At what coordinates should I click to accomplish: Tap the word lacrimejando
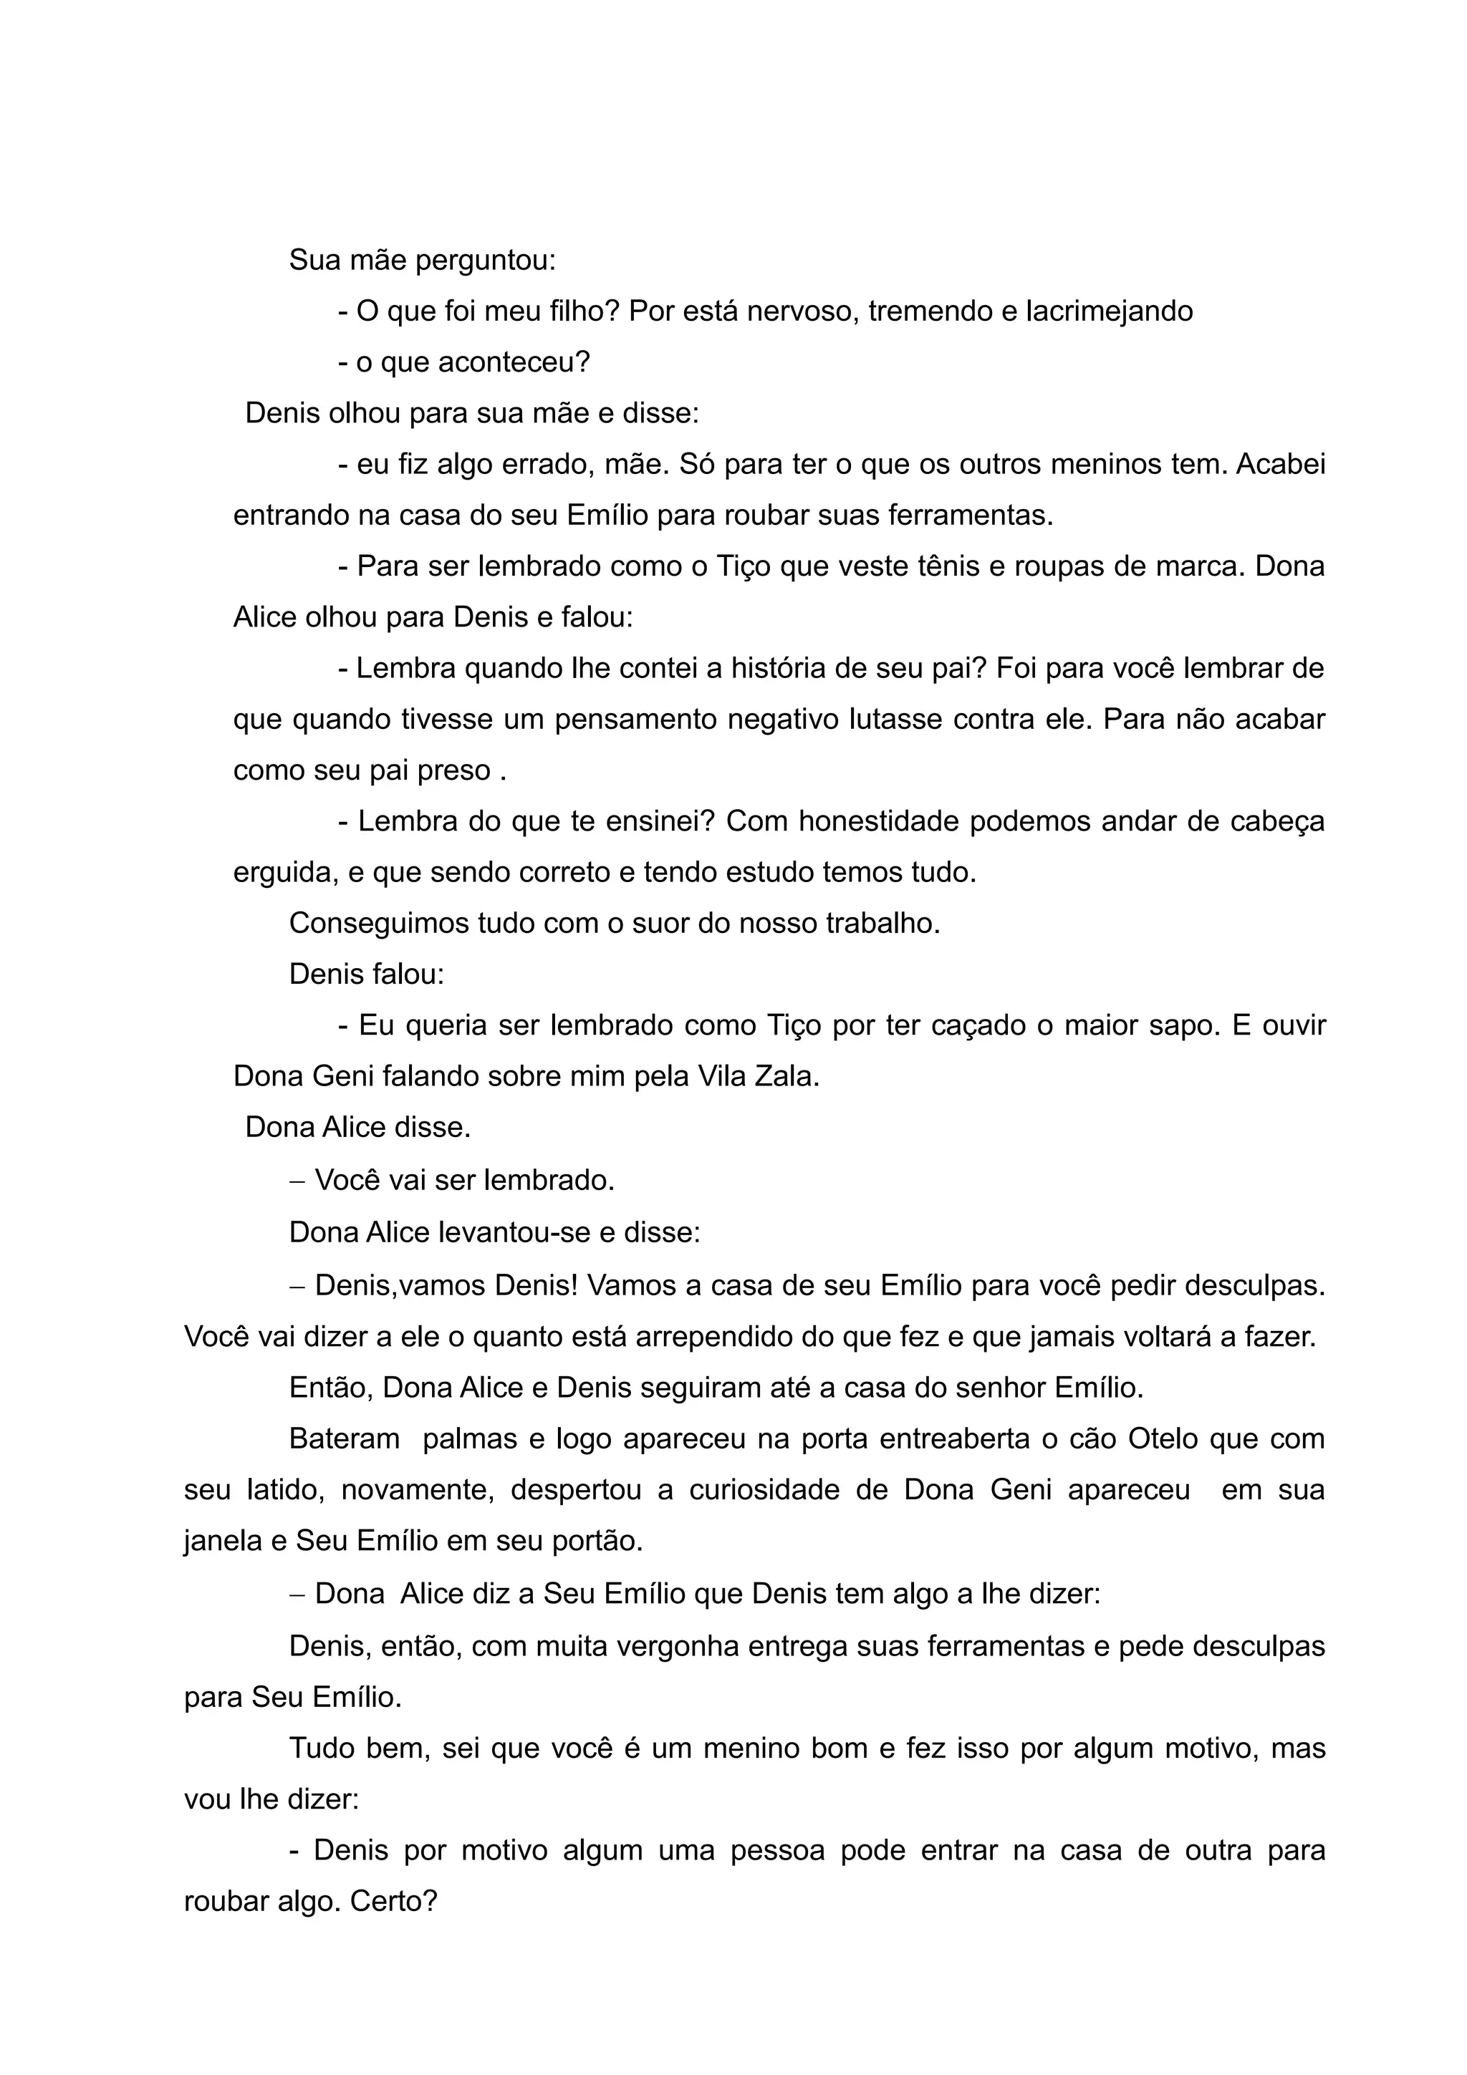pyautogui.click(x=1109, y=311)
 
